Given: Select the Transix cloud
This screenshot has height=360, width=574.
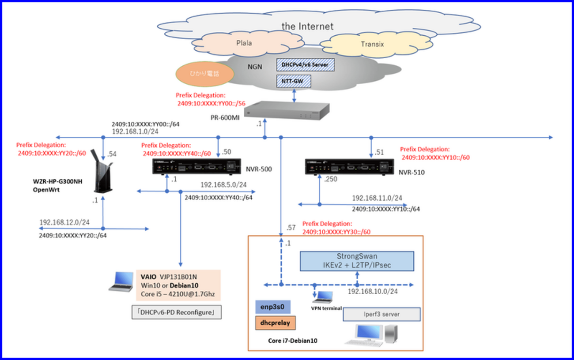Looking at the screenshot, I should point(372,44).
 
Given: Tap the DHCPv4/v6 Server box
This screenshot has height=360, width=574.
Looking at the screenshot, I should point(305,65).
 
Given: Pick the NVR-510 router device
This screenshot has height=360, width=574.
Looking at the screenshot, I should point(348,167).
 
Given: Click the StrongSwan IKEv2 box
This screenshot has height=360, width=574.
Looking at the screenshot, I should point(357,261).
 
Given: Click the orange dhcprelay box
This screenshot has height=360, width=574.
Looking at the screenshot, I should point(276,322).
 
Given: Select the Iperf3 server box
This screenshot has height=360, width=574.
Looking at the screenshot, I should point(381,315).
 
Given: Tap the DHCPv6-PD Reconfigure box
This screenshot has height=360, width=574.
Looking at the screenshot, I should point(177,312).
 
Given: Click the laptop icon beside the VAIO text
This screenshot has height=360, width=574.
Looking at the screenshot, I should point(121,281).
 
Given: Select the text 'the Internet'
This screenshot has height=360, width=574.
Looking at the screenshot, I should point(308,26).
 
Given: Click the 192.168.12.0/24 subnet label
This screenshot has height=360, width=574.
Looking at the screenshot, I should point(64,222).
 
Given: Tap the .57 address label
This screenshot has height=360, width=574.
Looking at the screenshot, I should point(291,228).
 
